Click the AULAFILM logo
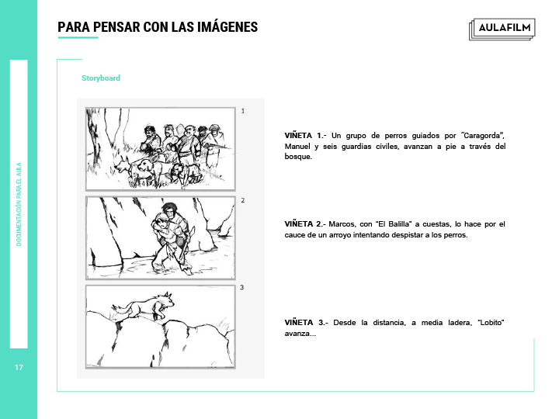(x=502, y=29)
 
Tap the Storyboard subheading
(x=101, y=78)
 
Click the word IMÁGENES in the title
(x=227, y=27)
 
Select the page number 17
(x=19, y=367)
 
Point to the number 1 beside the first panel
(x=243, y=111)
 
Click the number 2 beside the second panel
(x=243, y=200)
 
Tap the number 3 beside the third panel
(x=242, y=287)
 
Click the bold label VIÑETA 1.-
(x=305, y=136)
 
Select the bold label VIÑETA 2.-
(x=305, y=224)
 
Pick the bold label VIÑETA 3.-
(x=306, y=323)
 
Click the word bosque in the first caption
(x=297, y=157)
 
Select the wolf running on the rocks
(x=144, y=306)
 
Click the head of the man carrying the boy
(x=170, y=210)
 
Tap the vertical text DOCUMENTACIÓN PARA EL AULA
(x=19, y=204)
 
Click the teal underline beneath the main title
(x=78, y=37)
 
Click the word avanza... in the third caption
(x=300, y=334)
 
